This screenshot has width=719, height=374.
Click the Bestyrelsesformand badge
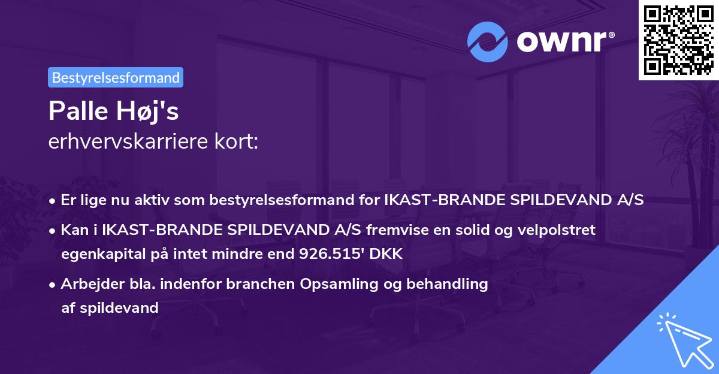tap(116, 77)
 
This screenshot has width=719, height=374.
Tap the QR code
tap(678, 40)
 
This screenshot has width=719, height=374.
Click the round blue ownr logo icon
tap(487, 42)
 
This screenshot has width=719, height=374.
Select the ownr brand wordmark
tap(566, 41)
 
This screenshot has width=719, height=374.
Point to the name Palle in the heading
tap(78, 111)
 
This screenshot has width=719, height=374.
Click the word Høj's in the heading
tap(147, 111)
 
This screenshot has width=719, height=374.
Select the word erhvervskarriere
tap(128, 141)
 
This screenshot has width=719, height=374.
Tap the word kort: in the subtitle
tap(236, 141)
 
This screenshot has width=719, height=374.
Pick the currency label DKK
tap(386, 254)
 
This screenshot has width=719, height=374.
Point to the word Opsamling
tap(339, 284)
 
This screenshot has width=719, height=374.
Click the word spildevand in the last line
tap(119, 308)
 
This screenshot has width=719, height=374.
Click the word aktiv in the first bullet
tap(153, 200)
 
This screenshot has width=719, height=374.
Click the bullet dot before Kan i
tap(52, 231)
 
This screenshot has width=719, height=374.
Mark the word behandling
tap(447, 284)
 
